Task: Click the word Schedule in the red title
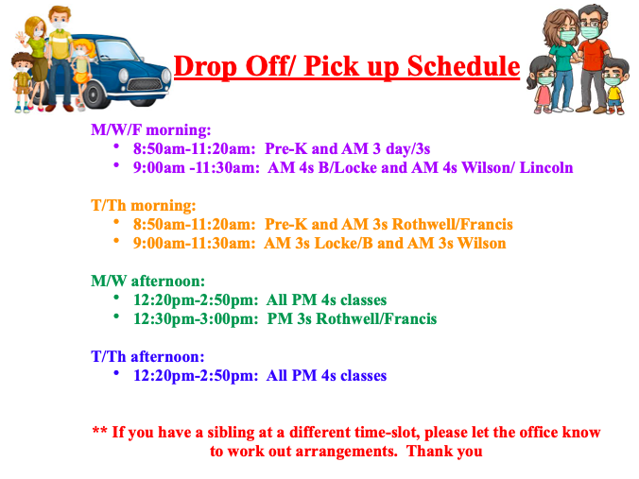(463, 66)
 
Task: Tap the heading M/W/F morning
(151, 130)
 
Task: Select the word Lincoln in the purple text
(546, 167)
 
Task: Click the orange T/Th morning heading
(144, 205)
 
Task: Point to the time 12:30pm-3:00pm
(196, 319)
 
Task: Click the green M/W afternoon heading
(147, 281)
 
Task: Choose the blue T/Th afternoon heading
(147, 357)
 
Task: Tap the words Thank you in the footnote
(444, 452)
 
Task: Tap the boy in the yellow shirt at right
(613, 87)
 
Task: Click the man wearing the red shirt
(593, 60)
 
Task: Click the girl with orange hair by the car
(82, 74)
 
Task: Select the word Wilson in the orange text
(481, 243)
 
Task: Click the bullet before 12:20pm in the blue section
(116, 372)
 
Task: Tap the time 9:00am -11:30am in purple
(196, 168)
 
